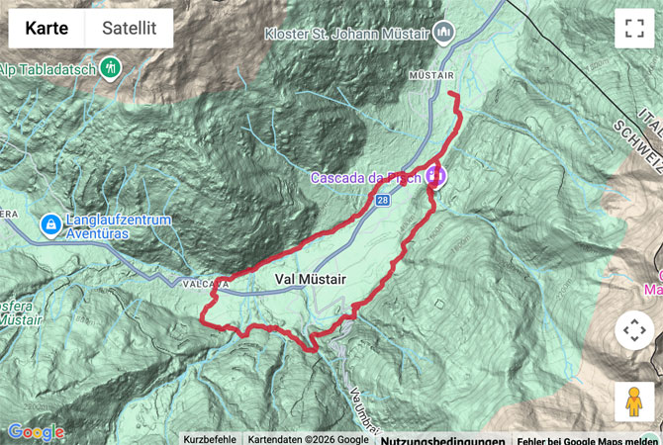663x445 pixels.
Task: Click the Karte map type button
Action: pos(47,29)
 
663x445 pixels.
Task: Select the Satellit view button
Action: pos(130,29)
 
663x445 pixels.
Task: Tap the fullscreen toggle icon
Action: pos(633,29)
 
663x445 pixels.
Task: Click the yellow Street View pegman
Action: pos(633,401)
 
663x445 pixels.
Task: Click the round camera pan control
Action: pos(633,330)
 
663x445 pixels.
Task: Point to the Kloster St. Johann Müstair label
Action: pos(346,33)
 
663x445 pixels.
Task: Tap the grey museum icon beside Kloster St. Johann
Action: pos(443,32)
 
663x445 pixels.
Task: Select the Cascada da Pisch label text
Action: pos(365,178)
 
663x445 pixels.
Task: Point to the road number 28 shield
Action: pos(382,200)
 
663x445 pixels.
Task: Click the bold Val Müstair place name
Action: pos(309,280)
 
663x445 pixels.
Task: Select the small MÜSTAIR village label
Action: pos(428,74)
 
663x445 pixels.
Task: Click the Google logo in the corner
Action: pos(36,432)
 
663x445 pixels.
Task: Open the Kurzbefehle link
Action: pos(209,439)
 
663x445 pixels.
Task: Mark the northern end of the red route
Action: pos(453,94)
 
